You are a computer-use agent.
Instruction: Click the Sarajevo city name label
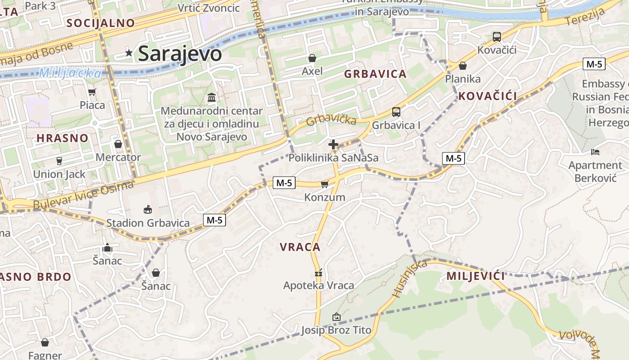tap(180, 54)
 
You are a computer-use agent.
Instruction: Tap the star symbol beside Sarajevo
tap(129, 53)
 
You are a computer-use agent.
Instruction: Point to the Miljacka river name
tap(70, 73)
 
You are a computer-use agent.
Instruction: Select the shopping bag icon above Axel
tap(312, 58)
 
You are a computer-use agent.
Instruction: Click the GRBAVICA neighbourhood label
tap(375, 74)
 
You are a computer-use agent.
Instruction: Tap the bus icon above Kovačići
tap(496, 37)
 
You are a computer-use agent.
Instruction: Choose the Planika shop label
tap(463, 79)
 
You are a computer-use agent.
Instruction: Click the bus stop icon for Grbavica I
tap(396, 112)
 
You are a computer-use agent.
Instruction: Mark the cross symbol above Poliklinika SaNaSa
tap(333, 144)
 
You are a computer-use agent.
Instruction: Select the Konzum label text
tap(324, 197)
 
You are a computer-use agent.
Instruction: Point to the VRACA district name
tap(300, 247)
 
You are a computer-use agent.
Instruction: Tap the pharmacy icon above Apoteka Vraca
tap(319, 273)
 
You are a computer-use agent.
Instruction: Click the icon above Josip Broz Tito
tap(336, 317)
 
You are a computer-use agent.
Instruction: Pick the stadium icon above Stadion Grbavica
tap(148, 209)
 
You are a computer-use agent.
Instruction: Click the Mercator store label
tap(118, 157)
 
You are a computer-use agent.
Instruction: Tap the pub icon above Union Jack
tap(59, 161)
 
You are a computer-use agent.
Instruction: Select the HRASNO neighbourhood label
tap(62, 138)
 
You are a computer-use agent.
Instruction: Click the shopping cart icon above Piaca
tap(92, 92)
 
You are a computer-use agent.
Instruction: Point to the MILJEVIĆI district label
tap(476, 276)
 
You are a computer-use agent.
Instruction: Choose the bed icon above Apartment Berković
tap(595, 152)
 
